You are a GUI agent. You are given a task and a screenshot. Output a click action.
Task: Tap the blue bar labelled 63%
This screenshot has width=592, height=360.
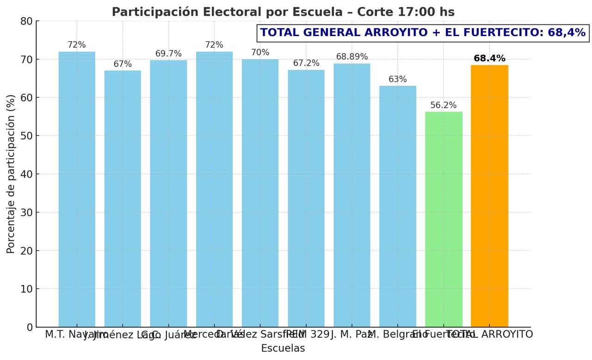coord(398,206)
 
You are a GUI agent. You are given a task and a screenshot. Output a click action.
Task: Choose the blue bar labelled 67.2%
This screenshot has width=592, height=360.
coord(306,199)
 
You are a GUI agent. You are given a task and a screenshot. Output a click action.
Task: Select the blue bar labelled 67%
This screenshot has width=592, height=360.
coord(123,199)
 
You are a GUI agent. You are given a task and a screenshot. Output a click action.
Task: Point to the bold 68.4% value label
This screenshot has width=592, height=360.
coord(489,59)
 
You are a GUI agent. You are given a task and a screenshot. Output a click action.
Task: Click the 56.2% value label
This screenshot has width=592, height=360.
coord(444,106)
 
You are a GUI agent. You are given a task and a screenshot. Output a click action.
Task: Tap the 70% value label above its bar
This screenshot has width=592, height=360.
coord(260,53)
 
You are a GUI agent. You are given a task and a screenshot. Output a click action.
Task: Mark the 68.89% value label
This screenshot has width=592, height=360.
coord(352,57)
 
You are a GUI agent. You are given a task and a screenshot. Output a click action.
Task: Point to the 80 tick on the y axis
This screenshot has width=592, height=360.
coord(27,21)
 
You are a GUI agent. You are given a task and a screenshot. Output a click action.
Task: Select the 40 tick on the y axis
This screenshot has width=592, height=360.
coord(27,174)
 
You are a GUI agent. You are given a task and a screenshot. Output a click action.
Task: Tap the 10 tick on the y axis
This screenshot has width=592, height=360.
coord(27,289)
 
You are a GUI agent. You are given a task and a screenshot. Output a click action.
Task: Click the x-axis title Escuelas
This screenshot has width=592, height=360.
coord(283,348)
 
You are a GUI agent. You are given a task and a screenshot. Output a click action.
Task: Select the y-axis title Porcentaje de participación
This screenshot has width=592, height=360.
coord(11,174)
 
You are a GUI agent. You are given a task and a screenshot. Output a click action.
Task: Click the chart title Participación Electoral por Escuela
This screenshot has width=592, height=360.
coord(283,12)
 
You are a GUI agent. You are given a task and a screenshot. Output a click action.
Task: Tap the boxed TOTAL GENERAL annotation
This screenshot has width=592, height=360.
coord(423,33)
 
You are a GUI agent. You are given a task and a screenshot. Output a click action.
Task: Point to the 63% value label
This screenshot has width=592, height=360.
coord(398,80)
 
